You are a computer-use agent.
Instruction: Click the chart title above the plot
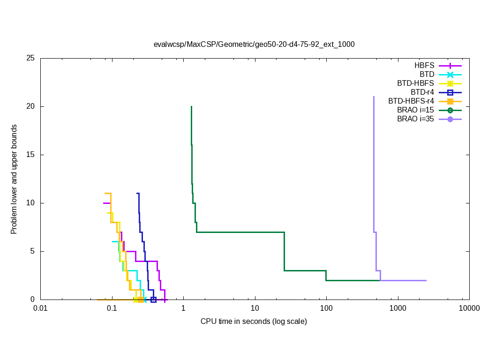coord(254,45)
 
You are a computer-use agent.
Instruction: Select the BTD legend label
coord(427,75)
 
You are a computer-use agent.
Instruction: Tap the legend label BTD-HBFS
coord(415,83)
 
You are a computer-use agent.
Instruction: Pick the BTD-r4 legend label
coord(422,92)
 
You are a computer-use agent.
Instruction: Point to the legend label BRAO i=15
coord(415,110)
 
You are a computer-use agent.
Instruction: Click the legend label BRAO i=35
coord(415,119)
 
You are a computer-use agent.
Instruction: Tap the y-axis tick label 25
coord(31,59)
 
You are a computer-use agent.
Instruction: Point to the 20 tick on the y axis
coord(31,107)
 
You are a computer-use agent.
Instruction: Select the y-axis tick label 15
coord(31,155)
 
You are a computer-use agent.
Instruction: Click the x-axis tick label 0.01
coord(40,308)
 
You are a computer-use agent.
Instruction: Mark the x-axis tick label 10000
coord(469,308)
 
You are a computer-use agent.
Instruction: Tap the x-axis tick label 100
coord(326,308)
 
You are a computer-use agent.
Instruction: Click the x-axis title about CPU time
coord(254,322)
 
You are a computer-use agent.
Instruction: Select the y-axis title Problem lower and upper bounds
coord(14,180)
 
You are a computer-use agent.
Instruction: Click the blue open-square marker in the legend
coord(450,92)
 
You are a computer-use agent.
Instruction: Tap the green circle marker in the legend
coord(450,110)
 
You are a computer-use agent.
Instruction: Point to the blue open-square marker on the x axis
coord(153,300)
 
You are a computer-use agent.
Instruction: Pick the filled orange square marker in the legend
coord(450,101)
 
